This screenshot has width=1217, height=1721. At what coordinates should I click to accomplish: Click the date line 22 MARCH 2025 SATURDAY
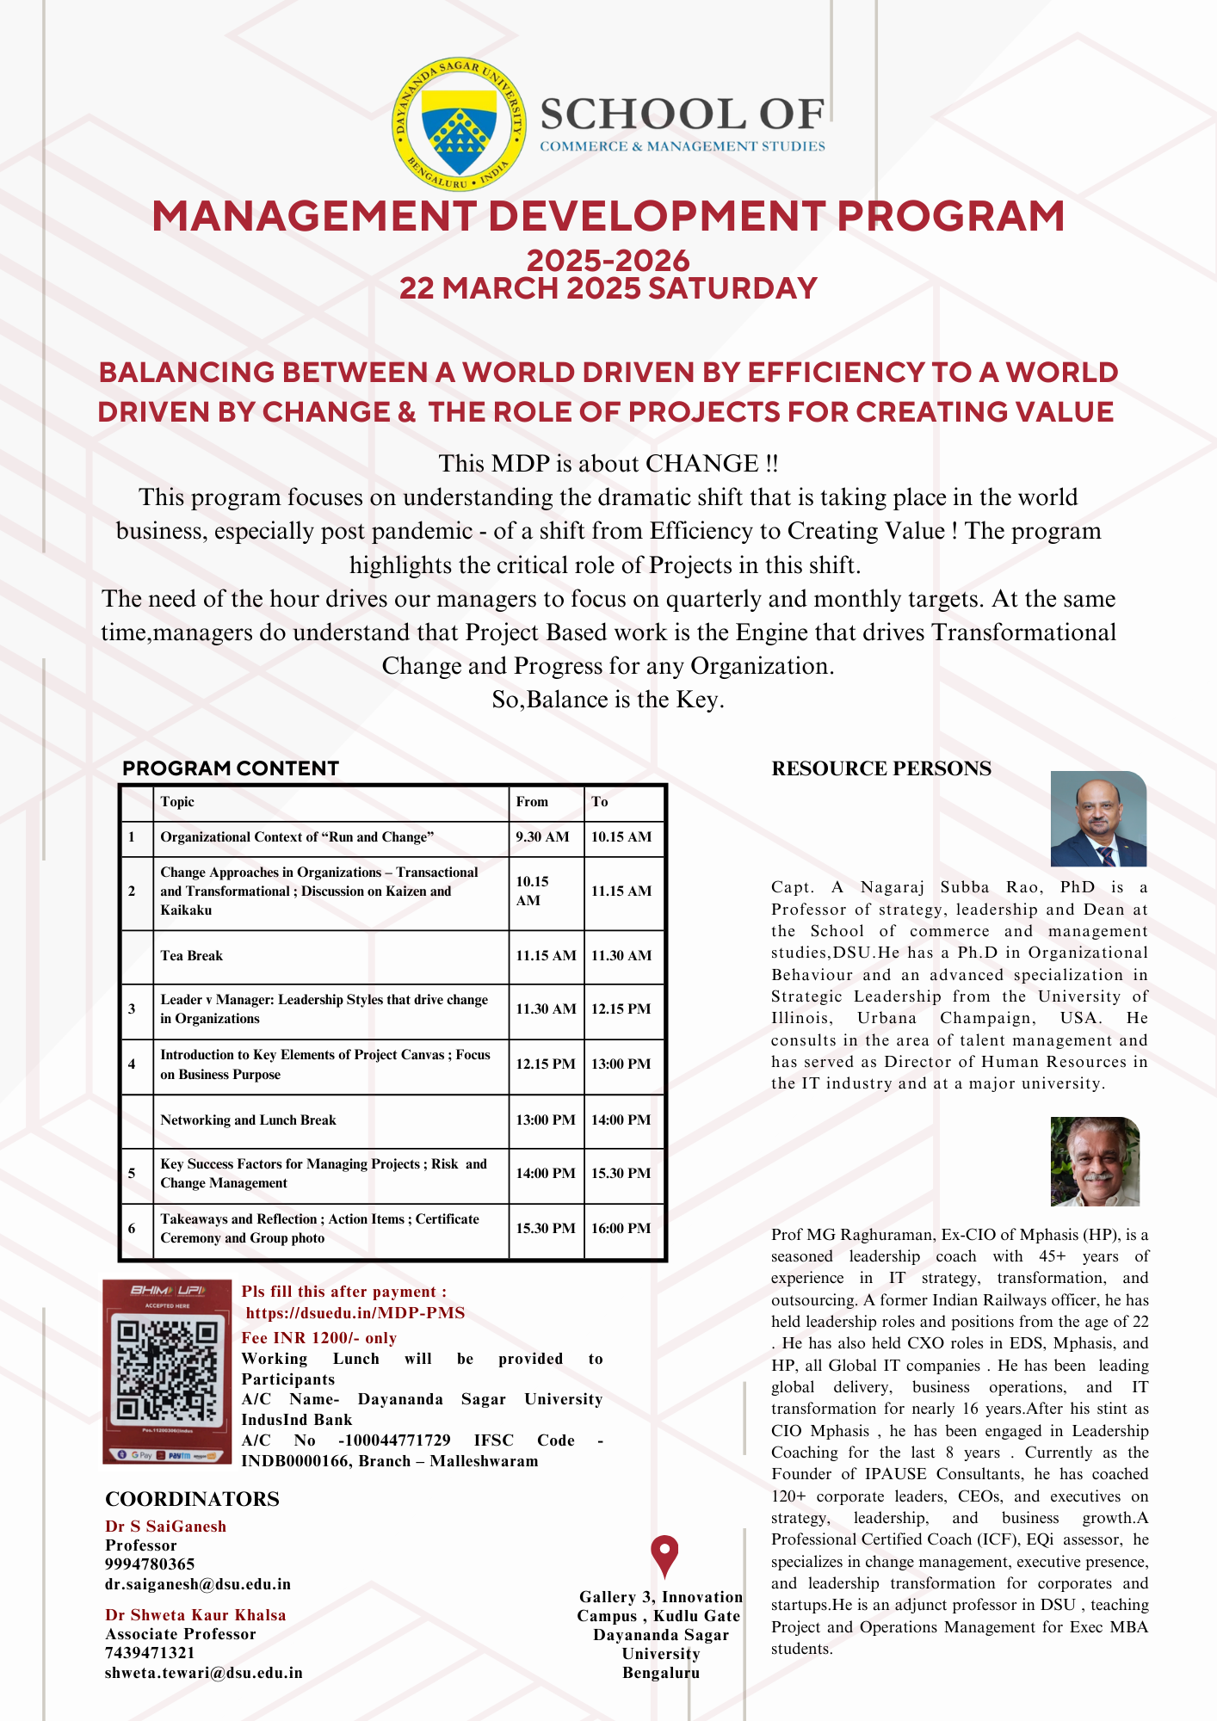(x=608, y=288)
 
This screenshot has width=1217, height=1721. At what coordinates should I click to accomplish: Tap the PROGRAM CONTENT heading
(x=231, y=768)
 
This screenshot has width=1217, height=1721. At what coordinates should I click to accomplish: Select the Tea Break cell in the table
(x=191, y=956)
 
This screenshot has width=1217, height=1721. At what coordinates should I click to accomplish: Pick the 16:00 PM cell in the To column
(x=621, y=1229)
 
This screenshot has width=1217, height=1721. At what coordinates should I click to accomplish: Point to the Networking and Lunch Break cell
(x=248, y=1120)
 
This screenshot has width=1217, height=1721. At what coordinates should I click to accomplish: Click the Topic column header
(x=177, y=802)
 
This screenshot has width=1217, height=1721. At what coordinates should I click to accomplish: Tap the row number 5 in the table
(x=132, y=1174)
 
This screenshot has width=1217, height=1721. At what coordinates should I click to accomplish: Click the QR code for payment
(x=166, y=1372)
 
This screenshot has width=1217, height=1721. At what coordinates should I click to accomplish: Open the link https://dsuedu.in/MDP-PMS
(x=355, y=1313)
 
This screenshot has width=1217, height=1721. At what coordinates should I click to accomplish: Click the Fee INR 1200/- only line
(x=319, y=1338)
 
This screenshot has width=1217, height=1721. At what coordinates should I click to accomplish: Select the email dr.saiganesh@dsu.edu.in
(x=198, y=1584)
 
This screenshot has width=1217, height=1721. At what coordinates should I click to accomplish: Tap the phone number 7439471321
(x=150, y=1653)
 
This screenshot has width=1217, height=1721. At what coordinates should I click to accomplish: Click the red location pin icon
(x=664, y=1556)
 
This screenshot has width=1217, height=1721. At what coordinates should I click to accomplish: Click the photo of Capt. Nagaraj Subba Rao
(x=1098, y=818)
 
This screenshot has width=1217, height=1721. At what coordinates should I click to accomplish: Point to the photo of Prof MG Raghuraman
(x=1095, y=1161)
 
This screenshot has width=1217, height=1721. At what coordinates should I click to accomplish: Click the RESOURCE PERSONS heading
(x=881, y=768)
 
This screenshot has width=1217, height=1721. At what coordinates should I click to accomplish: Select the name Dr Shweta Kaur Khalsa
(x=195, y=1615)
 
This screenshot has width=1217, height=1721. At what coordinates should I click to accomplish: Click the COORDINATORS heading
(x=192, y=1499)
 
